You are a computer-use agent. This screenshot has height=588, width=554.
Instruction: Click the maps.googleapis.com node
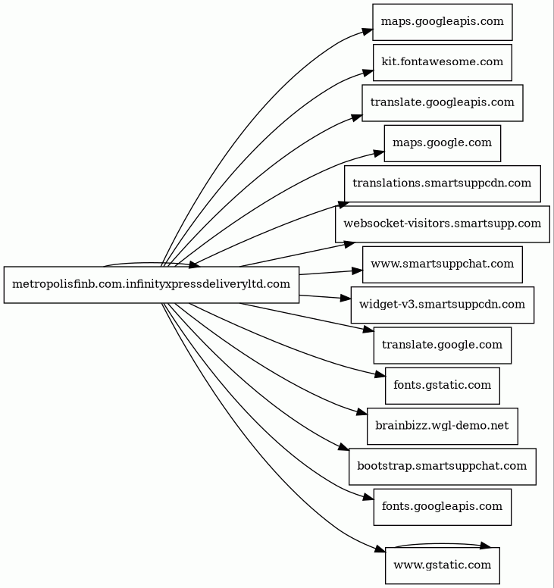[x=443, y=22]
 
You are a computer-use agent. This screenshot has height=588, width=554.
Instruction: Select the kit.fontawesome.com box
[x=443, y=63]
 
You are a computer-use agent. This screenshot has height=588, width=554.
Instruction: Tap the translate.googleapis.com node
[x=443, y=103]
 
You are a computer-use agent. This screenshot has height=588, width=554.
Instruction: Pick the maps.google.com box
[x=443, y=144]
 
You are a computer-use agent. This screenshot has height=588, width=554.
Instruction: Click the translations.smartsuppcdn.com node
[x=443, y=183]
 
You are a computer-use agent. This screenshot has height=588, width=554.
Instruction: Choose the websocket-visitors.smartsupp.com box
[x=443, y=224]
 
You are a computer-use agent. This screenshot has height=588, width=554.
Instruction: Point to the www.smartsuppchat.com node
[x=443, y=264]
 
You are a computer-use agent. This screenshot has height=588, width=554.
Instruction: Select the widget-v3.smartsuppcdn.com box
[x=443, y=305]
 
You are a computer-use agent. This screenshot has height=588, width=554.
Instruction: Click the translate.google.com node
[x=443, y=346]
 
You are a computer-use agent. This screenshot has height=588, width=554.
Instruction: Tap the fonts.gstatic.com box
[x=443, y=386]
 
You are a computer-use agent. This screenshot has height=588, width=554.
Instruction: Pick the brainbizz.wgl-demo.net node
[x=443, y=427]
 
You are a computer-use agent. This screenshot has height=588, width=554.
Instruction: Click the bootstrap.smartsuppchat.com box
[x=443, y=467]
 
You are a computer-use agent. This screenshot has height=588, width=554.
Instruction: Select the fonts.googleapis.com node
[x=443, y=507]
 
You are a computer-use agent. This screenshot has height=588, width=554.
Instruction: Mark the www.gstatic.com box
[x=443, y=565]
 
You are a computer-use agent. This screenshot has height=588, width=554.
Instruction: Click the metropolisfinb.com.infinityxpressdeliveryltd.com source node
[x=152, y=285]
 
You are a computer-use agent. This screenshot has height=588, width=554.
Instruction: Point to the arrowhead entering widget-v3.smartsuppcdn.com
[x=345, y=298]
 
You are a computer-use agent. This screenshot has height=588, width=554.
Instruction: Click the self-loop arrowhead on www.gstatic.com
[x=485, y=546]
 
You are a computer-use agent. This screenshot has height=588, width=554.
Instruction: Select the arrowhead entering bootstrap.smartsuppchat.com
[x=343, y=446]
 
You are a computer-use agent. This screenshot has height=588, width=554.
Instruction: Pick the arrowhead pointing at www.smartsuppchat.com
[x=357, y=271]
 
